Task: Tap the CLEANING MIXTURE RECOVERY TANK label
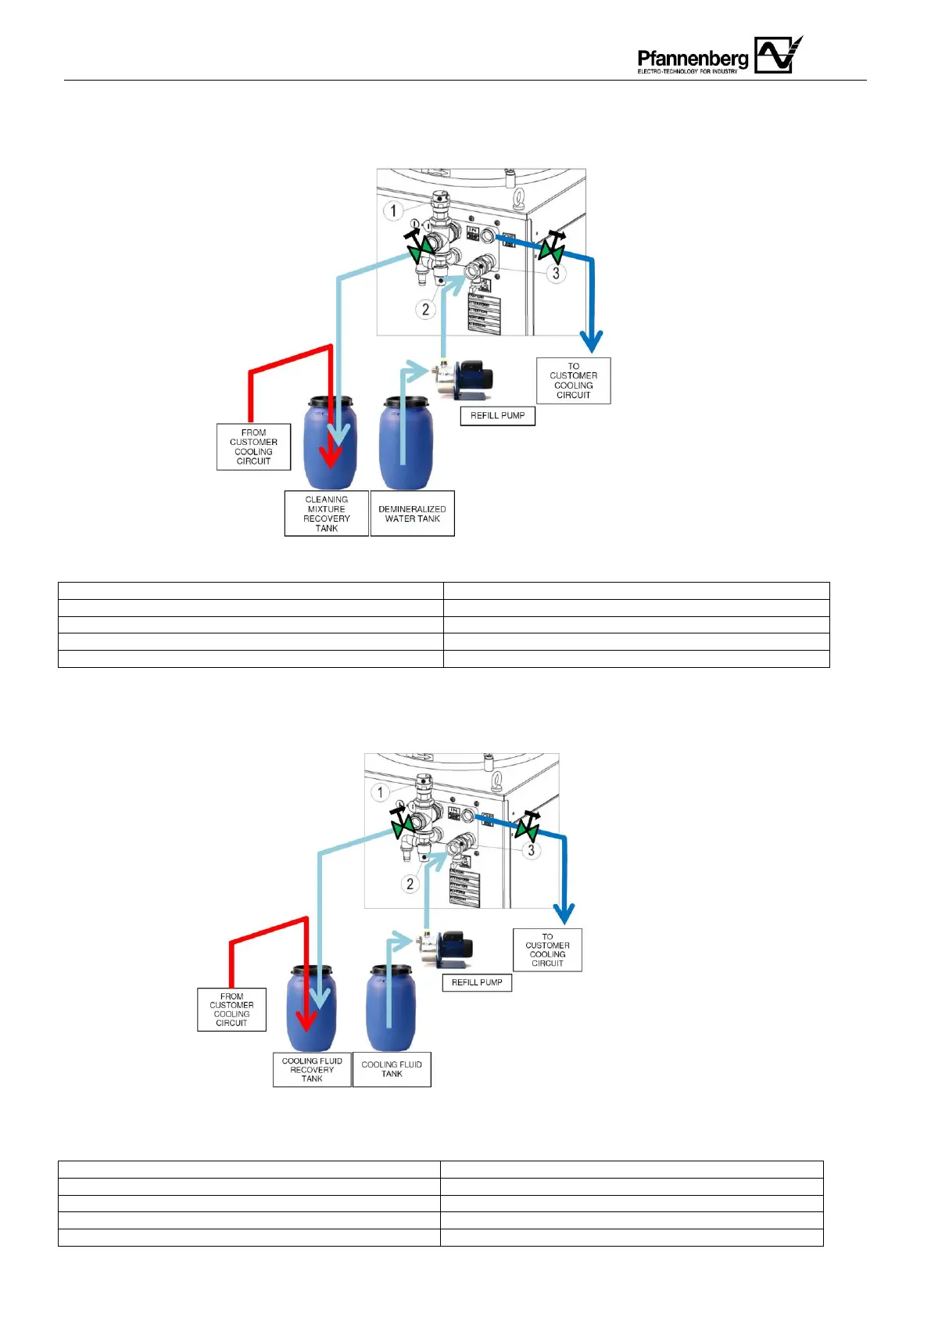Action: [326, 514]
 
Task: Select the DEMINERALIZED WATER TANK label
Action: [412, 514]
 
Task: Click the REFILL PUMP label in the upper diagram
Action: [497, 415]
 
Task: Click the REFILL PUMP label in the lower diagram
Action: [477, 982]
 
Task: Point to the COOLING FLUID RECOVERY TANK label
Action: [312, 1070]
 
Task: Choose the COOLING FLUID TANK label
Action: [392, 1069]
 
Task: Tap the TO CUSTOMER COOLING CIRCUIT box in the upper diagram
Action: [573, 381]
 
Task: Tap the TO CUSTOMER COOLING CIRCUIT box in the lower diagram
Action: [547, 950]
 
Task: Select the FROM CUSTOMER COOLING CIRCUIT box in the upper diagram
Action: [253, 447]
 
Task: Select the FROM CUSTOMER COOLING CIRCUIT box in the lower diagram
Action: [231, 1010]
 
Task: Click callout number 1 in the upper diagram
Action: [393, 210]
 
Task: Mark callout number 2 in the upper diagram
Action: [425, 309]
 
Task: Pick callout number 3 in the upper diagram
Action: [556, 273]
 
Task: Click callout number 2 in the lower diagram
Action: [410, 884]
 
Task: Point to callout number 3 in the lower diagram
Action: [532, 850]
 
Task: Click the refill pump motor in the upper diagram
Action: [474, 379]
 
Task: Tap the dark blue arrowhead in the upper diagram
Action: [591, 342]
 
